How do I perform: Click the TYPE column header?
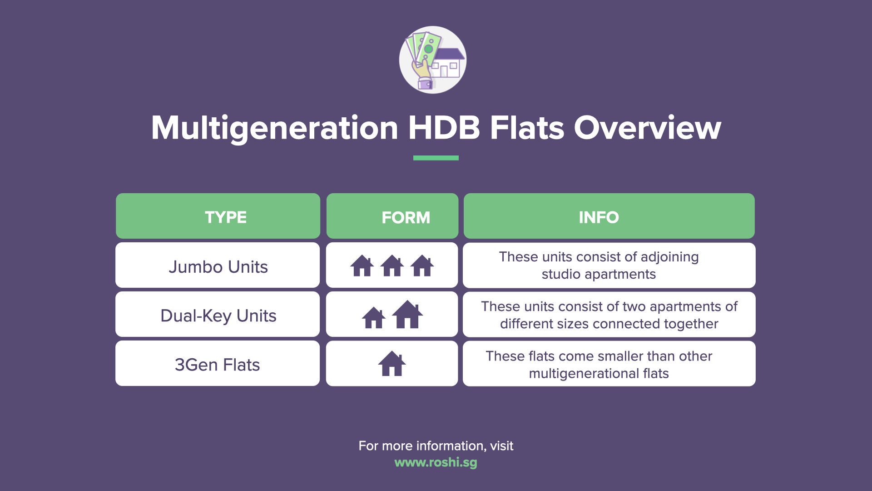[225, 217]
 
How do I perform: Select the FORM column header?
[405, 217]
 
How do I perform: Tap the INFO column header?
[599, 217]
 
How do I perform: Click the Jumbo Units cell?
[218, 266]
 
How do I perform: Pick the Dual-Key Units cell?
[218, 316]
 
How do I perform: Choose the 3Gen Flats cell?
[217, 365]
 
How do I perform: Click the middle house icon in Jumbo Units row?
[392, 266]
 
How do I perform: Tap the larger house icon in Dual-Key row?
[407, 314]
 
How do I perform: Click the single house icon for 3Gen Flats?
[392, 364]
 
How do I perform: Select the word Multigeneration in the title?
[274, 128]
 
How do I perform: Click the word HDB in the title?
[444, 127]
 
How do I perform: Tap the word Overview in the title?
[647, 127]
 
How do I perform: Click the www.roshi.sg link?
[436, 462]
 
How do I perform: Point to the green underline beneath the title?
[436, 158]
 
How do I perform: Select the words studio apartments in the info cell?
[599, 274]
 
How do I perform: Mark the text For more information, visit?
[436, 446]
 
